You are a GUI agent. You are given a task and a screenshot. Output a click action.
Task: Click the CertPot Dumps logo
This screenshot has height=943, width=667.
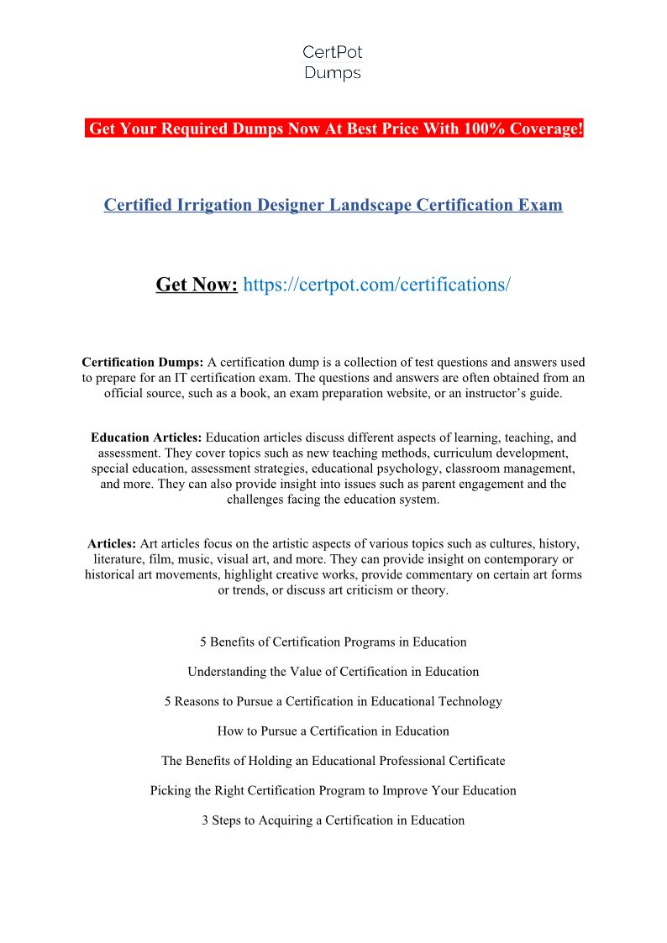tap(333, 63)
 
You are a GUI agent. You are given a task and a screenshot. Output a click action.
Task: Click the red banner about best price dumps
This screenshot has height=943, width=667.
tap(334, 128)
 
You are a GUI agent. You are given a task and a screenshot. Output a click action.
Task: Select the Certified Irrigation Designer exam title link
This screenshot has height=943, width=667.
tap(333, 205)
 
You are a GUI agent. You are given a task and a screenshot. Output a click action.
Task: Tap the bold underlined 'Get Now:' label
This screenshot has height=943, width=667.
tap(197, 285)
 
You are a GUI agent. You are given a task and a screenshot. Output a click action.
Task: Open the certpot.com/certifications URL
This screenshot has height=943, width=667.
tap(376, 285)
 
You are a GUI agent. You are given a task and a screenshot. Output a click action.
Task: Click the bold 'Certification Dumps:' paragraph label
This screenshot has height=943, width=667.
tap(142, 363)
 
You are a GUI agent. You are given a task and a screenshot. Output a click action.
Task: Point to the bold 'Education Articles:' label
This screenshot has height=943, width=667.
tap(146, 437)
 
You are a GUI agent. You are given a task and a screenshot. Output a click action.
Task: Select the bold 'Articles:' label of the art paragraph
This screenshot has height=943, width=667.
tap(112, 543)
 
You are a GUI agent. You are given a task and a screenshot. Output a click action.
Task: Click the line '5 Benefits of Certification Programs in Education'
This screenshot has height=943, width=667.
tap(333, 642)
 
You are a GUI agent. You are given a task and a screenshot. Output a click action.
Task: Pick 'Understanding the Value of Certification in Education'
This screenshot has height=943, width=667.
tap(333, 672)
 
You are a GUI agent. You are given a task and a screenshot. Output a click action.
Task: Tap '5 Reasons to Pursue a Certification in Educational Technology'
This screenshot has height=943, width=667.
tap(333, 701)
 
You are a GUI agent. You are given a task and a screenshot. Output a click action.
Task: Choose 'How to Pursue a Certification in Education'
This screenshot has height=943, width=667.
tap(333, 731)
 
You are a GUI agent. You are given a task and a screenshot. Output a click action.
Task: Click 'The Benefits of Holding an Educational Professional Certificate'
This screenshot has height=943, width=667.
tap(333, 761)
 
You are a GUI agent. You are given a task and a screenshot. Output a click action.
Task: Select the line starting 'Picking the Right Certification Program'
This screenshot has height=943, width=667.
tap(333, 790)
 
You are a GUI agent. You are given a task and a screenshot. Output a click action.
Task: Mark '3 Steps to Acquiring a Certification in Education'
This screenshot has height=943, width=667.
tap(333, 820)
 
